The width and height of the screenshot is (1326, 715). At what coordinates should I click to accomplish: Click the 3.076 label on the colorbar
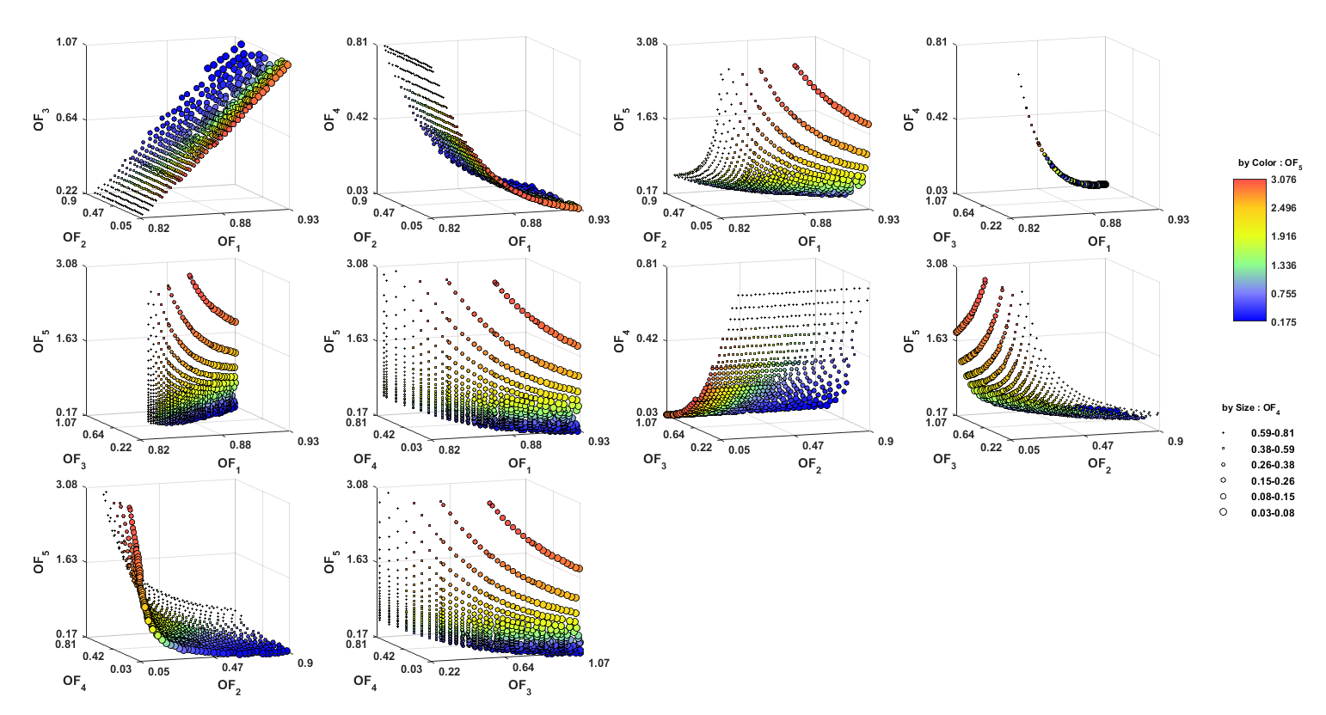1283,180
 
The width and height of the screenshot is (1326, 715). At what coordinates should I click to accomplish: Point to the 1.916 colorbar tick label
1283,236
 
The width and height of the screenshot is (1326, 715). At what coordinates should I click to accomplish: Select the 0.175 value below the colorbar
1283,321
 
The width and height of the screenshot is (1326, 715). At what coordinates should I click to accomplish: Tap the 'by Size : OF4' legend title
1251,409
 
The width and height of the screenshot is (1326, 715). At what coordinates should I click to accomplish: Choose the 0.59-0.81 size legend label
1273,433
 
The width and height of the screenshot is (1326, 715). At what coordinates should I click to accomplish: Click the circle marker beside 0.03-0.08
1223,511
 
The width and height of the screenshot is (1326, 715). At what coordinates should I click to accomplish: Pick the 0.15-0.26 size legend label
1273,481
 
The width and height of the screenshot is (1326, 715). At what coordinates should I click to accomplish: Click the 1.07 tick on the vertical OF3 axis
67,42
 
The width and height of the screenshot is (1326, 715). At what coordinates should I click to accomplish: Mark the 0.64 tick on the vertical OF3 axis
67,118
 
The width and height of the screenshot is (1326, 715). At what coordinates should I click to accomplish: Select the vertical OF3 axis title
40,119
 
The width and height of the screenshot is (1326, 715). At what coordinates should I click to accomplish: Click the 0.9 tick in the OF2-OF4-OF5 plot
305,663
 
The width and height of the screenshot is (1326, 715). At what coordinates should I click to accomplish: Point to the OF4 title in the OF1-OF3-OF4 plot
910,119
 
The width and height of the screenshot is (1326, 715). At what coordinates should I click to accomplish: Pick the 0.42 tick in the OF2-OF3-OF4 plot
648,339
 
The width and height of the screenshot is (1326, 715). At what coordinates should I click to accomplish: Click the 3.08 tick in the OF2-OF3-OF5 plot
937,263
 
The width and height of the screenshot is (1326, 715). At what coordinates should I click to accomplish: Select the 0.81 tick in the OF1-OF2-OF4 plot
358,42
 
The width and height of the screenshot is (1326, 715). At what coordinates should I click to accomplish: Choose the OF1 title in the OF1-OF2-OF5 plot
809,242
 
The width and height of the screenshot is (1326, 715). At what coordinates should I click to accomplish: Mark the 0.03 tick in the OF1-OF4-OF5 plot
411,447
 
